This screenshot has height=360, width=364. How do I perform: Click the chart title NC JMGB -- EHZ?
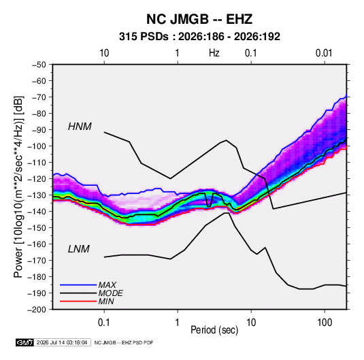pos(199,19)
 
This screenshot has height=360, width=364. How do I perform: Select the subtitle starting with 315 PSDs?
pos(199,37)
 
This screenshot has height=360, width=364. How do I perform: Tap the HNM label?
pos(80,127)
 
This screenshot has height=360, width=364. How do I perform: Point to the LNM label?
pos(79,249)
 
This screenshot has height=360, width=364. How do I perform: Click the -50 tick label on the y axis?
pos(39,65)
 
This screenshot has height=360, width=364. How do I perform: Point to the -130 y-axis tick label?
pos(37,195)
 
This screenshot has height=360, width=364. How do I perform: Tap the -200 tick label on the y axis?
pos(37,310)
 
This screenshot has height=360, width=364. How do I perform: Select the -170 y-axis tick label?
pos(37,261)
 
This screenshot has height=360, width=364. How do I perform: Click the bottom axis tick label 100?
pos(325,323)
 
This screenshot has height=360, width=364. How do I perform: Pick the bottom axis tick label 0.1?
pos(104,323)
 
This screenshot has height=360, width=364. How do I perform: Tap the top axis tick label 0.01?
pos(324,53)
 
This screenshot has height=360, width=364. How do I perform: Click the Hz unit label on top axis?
pos(214,53)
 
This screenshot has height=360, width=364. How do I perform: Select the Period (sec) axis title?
pos(214,330)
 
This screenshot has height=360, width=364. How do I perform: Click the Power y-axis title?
pos(18,186)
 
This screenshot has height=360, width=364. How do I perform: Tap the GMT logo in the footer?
pos(25,342)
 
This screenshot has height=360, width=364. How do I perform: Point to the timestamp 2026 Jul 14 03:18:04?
pos(62,342)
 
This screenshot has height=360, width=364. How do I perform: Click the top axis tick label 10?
pos(104,53)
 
